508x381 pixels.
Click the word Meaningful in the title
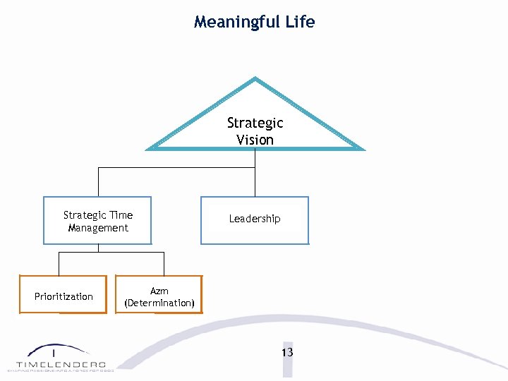[x=236, y=22]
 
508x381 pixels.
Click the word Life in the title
[x=300, y=22]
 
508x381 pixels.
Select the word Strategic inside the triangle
[x=255, y=123]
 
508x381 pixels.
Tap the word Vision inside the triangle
[x=255, y=140]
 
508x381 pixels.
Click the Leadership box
[x=255, y=220]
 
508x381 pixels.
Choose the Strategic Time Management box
[x=97, y=221]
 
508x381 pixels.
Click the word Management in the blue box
[x=98, y=228]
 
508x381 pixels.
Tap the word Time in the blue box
[x=121, y=215]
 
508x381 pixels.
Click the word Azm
[x=159, y=290]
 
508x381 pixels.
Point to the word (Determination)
[x=159, y=303]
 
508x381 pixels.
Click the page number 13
[x=286, y=352]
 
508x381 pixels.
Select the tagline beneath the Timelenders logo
[x=61, y=370]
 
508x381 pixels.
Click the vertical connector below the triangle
[x=255, y=159]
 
